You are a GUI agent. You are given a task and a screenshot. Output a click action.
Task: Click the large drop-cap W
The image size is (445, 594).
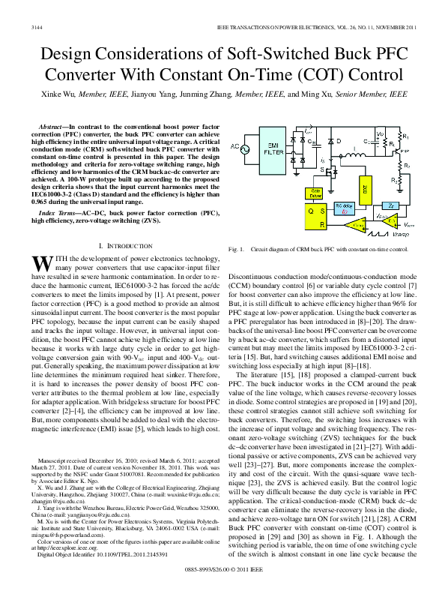42,262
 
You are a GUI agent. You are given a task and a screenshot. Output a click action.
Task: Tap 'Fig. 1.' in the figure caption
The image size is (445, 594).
236,247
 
